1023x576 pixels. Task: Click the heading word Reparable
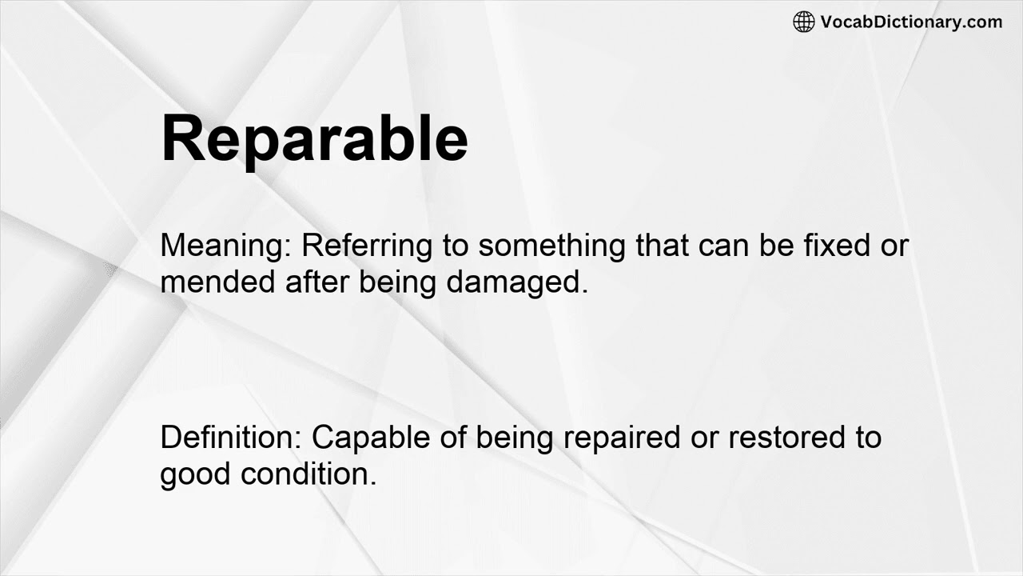[314, 138]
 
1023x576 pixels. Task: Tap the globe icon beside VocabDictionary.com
[803, 22]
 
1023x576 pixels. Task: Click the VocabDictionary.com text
[911, 22]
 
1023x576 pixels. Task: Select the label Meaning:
[227, 246]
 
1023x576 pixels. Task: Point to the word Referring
[367, 246]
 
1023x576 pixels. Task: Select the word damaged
[517, 282]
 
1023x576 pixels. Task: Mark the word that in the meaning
[663, 246]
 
